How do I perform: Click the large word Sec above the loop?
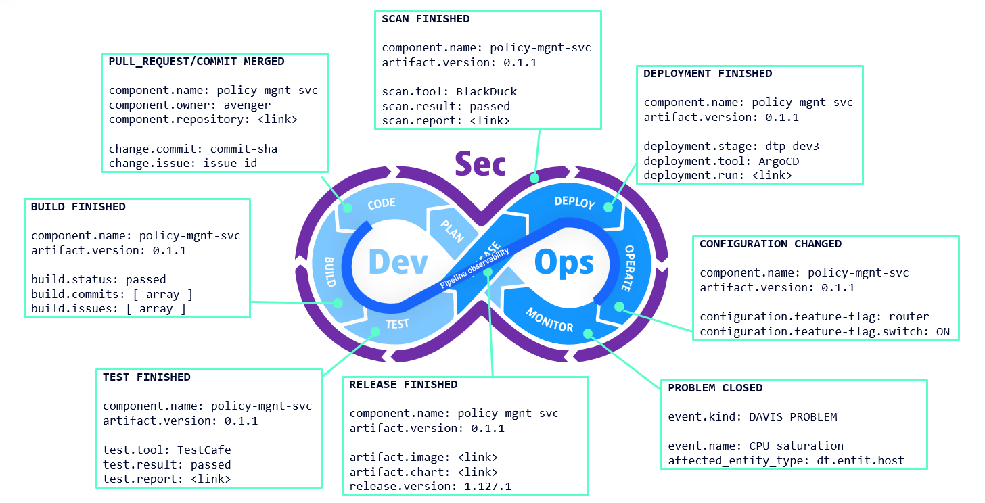tap(480, 164)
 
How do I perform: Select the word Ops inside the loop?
tap(564, 262)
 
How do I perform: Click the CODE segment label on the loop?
tap(381, 204)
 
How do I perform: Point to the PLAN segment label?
tap(452, 231)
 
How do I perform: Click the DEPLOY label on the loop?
tap(574, 202)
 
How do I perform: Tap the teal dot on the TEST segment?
tap(377, 331)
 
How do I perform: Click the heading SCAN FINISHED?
tap(426, 19)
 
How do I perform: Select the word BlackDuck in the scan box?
tap(486, 92)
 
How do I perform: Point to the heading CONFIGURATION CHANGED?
tap(771, 244)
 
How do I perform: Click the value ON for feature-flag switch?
tap(943, 332)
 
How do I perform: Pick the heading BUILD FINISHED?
tap(78, 207)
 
